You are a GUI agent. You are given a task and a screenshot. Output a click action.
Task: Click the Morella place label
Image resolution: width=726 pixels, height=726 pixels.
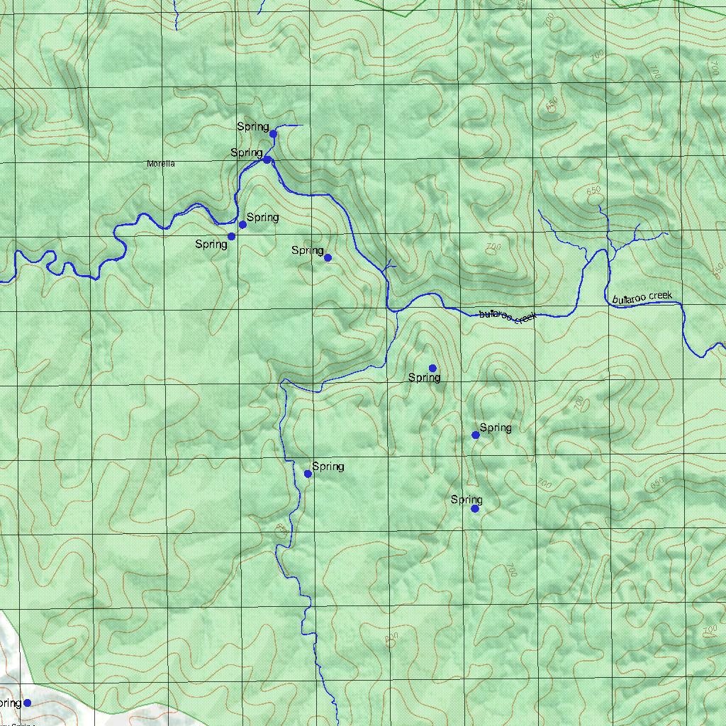click(x=160, y=164)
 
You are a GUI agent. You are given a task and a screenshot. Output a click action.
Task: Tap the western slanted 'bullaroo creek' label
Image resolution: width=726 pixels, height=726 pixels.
click(x=508, y=316)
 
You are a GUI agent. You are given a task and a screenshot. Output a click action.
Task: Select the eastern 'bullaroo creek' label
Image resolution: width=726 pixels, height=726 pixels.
click(x=642, y=298)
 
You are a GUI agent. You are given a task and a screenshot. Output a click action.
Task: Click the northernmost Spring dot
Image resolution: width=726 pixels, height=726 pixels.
click(x=273, y=133)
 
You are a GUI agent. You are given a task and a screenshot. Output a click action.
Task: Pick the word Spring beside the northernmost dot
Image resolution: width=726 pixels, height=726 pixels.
click(x=252, y=127)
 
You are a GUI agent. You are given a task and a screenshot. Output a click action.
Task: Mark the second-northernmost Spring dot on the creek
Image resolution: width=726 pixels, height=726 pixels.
click(x=267, y=160)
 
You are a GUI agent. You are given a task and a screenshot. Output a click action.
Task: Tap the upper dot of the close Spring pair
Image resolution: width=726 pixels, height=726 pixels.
click(x=242, y=225)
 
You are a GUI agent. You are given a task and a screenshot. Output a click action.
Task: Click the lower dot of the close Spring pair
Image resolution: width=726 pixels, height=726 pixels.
click(x=231, y=236)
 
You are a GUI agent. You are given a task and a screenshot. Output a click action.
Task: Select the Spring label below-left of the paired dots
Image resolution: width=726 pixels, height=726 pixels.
click(x=211, y=245)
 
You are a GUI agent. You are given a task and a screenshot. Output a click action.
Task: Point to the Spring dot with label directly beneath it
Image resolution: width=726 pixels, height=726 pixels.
click(x=432, y=368)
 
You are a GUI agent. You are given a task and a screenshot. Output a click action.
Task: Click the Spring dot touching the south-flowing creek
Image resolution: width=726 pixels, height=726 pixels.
click(x=308, y=474)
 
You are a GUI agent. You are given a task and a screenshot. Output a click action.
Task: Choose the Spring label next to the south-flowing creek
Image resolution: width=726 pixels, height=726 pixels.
click(x=328, y=467)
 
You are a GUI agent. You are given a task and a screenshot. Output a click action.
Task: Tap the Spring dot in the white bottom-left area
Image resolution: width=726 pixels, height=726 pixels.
click(x=27, y=703)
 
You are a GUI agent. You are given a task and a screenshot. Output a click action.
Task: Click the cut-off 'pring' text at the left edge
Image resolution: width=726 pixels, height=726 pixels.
click(x=11, y=703)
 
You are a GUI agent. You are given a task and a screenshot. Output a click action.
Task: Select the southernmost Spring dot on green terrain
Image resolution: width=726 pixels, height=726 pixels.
click(x=475, y=508)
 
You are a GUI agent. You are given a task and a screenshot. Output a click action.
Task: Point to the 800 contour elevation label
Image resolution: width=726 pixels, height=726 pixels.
click(x=391, y=639)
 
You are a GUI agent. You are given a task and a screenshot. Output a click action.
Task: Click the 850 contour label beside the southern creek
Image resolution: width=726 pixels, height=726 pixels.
click(x=281, y=529)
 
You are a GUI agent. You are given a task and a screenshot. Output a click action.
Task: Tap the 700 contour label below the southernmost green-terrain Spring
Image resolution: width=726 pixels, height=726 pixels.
click(x=510, y=569)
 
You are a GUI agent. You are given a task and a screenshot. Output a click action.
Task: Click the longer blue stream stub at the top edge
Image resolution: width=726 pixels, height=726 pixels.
click(x=176, y=14)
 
